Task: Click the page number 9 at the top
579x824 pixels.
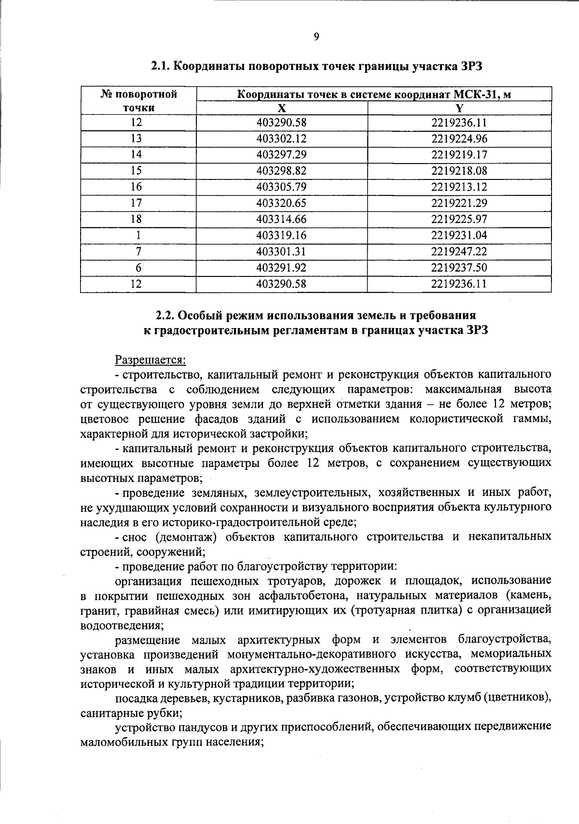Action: tap(317, 37)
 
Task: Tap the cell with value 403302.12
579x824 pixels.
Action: tap(281, 139)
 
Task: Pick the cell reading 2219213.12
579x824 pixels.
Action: tap(459, 187)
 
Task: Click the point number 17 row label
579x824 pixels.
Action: tap(137, 203)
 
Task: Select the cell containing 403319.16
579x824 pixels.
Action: tap(281, 235)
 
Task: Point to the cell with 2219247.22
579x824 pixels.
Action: tap(459, 251)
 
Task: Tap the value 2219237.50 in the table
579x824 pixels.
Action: tap(459, 268)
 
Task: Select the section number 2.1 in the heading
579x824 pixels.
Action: tap(161, 66)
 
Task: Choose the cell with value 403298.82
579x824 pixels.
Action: tap(281, 171)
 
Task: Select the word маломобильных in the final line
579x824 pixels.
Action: tap(115, 742)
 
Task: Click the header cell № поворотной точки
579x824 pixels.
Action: tap(138, 100)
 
